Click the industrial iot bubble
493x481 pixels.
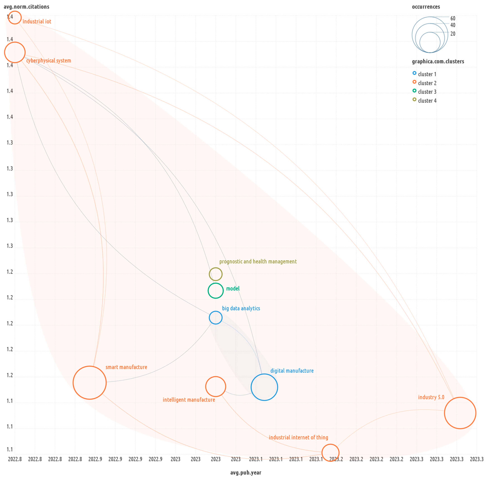coord(15,17)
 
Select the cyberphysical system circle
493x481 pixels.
coord(15,52)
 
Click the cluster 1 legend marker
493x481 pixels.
coord(414,73)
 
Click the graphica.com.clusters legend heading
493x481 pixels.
coord(438,61)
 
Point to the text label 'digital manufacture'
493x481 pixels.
coord(292,371)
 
